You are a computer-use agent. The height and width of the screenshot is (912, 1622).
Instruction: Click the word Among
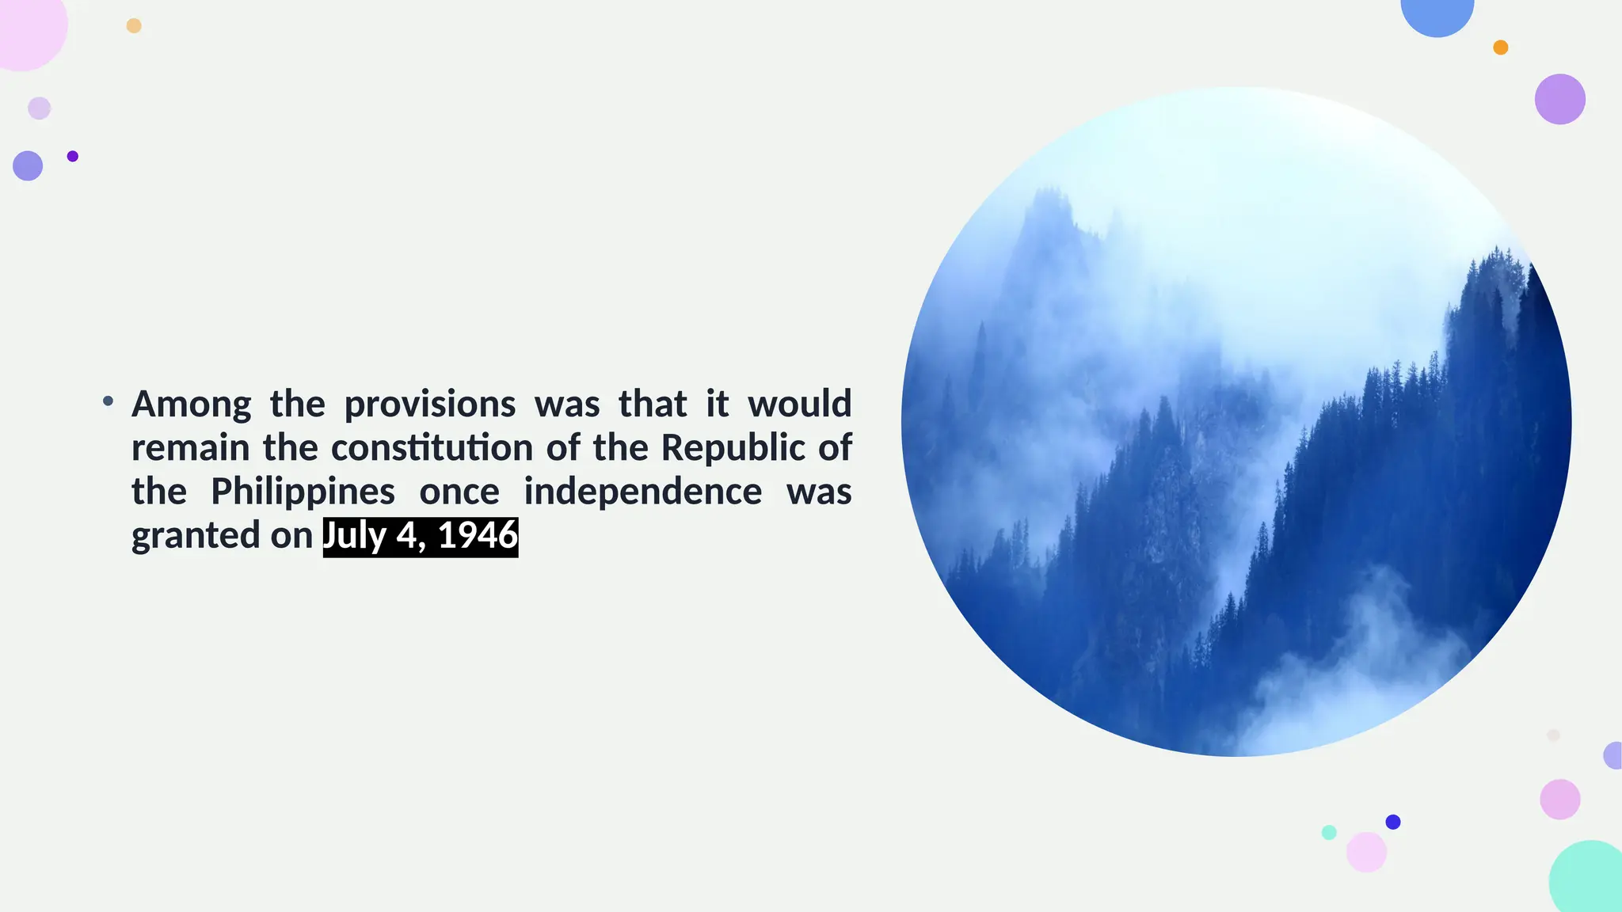click(191, 404)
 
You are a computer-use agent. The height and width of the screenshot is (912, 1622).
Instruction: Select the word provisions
click(430, 405)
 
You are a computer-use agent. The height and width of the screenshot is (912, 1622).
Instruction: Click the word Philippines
click(303, 492)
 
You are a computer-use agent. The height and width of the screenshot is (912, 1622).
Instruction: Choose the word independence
click(643, 492)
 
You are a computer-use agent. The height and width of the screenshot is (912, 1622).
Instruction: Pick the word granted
click(196, 536)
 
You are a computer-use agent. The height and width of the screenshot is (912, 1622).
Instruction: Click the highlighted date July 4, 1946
click(421, 536)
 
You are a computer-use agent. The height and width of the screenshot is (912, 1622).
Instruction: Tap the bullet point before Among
click(109, 401)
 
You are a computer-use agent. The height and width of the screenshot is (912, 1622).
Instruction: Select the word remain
click(190, 448)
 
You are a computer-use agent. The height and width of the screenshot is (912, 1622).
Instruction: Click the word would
click(800, 404)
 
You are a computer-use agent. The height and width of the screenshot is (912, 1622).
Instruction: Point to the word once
click(459, 492)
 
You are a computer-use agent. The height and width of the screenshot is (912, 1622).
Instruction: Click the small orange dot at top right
click(1500, 47)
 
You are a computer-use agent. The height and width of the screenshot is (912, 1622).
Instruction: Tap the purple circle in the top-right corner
click(1559, 99)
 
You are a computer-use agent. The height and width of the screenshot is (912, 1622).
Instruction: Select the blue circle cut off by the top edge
click(1437, 14)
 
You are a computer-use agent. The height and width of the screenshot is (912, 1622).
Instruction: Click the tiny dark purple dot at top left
click(73, 156)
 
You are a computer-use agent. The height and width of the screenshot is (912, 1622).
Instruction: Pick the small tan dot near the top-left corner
click(134, 26)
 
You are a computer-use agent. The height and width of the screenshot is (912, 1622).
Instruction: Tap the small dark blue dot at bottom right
click(1393, 822)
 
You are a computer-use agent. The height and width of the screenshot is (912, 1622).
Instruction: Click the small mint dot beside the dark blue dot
click(1329, 832)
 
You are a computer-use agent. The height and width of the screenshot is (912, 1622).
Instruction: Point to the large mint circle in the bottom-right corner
click(1588, 879)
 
